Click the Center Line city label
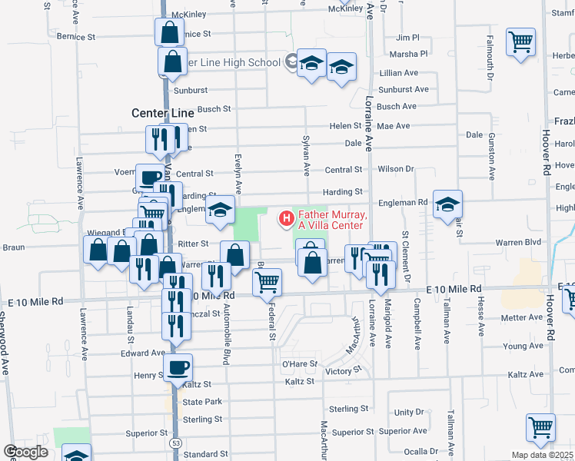(162, 113)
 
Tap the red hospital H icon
(287, 220)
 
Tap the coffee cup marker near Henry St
(178, 368)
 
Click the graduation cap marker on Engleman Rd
(447, 204)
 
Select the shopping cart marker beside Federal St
(267, 282)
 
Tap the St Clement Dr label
(405, 254)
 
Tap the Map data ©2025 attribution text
(543, 455)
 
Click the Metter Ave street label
(522, 317)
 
